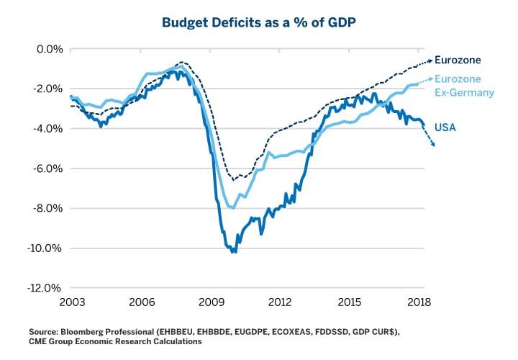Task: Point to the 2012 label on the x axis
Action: (x=280, y=302)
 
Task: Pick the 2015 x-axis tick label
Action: (x=350, y=302)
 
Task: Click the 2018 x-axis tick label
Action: (x=419, y=302)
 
